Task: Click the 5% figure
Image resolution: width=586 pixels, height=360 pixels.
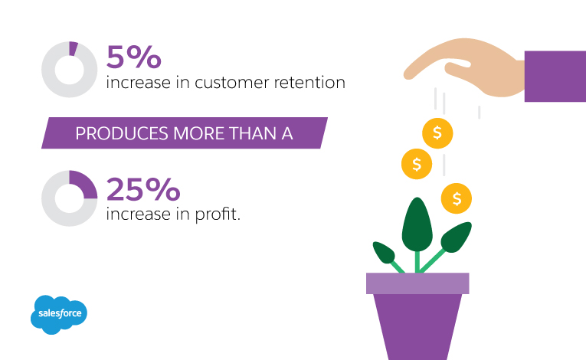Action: point(134,57)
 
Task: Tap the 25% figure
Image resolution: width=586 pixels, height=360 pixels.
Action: point(143,189)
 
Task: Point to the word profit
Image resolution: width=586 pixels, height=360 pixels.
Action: point(218,214)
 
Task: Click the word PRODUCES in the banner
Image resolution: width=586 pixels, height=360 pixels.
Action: point(122,133)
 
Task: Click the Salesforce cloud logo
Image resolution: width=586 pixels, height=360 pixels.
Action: point(59,314)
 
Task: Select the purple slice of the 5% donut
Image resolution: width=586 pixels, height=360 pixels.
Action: point(74,48)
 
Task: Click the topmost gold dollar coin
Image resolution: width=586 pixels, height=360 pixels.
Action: point(437,133)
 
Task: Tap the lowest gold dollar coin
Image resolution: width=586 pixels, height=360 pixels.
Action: point(457,198)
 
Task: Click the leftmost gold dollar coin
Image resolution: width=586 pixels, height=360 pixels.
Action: point(417,164)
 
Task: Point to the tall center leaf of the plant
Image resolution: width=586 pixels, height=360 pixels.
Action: point(417,224)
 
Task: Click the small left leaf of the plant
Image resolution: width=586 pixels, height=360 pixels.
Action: point(384,252)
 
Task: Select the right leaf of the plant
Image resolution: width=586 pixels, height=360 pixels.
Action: point(456,237)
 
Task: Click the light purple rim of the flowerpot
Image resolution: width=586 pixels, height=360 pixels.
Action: point(417,283)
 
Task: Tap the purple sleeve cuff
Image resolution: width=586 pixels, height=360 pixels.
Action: point(555,77)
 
